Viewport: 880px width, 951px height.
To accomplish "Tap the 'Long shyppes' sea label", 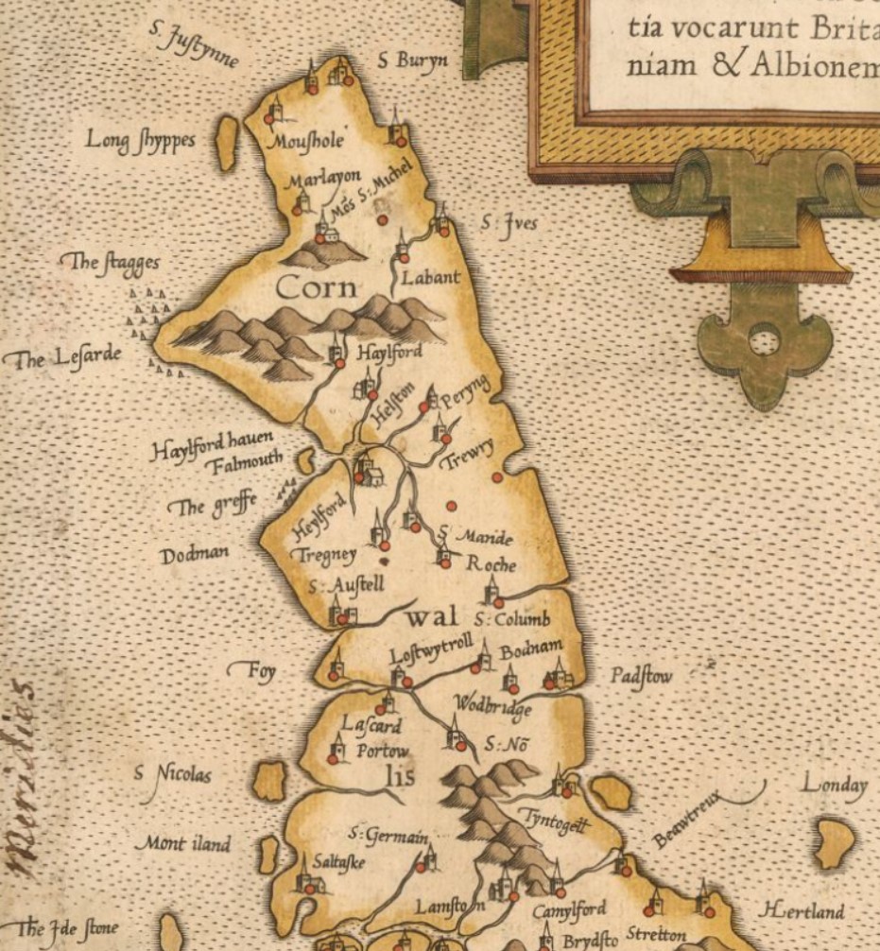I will pos(141,140).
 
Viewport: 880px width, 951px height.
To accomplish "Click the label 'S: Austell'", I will pos(346,586).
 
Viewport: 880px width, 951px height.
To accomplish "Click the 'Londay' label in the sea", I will pos(834,785).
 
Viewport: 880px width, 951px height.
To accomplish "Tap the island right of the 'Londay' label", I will pos(835,843).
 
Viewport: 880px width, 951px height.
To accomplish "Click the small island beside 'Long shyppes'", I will pos(226,144).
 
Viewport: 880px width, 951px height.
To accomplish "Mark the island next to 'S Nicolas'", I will pos(269,782).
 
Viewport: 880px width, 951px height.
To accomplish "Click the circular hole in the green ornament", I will pos(764,338).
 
